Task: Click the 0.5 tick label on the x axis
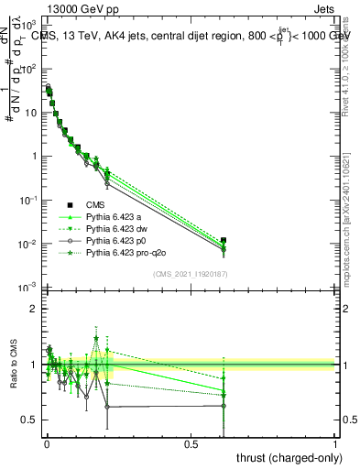click(191, 442)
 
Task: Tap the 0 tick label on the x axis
click(47, 442)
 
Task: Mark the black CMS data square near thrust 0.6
click(224, 240)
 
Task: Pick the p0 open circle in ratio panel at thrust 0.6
click(224, 406)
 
